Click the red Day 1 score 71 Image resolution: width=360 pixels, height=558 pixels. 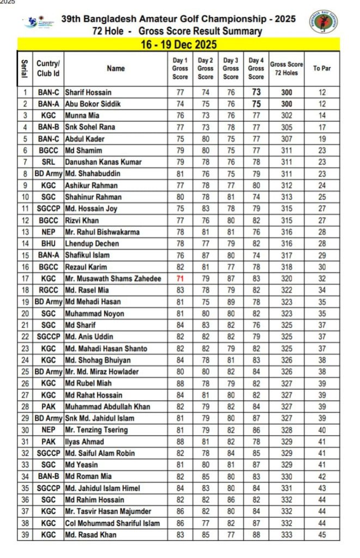tap(180, 278)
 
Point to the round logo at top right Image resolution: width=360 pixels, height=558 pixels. tap(323, 22)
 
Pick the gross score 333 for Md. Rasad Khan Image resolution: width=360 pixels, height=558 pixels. tap(286, 535)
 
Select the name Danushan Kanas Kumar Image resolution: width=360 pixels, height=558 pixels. tap(103, 162)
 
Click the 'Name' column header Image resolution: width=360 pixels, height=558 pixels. tap(115, 68)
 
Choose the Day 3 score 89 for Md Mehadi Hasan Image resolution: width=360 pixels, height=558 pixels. tap(231, 302)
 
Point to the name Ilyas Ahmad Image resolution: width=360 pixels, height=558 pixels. tap(84, 441)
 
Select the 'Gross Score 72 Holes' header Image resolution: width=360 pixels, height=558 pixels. tap(286, 68)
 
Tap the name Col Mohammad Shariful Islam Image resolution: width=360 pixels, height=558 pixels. tap(112, 523)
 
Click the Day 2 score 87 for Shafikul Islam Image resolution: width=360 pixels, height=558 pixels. tap(205, 255)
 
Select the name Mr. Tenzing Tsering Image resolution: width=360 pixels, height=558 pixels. tap(96, 430)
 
